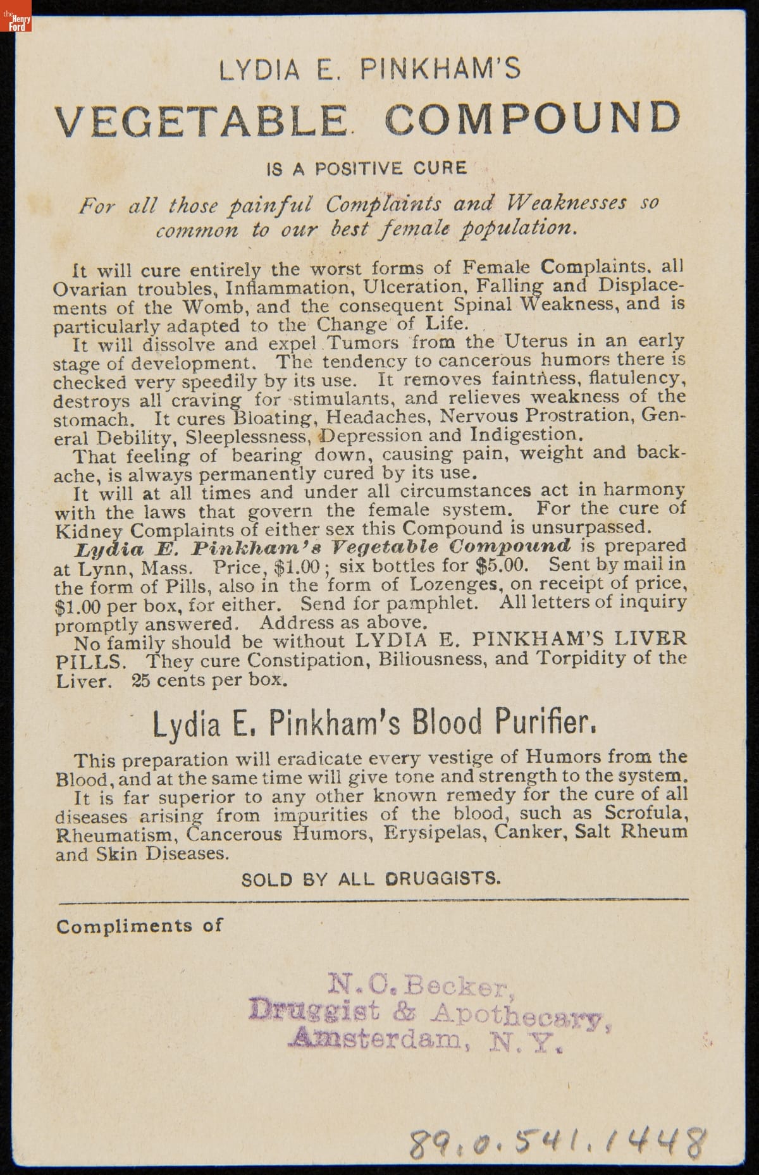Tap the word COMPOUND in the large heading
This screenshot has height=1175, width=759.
click(533, 118)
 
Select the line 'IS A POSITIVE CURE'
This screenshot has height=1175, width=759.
click(367, 168)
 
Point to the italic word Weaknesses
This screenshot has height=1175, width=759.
click(567, 203)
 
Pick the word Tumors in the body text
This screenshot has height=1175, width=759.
click(362, 343)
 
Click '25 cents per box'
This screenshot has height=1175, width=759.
click(209, 680)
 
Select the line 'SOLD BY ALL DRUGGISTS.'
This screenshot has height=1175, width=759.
click(371, 878)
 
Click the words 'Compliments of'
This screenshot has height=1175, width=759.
click(139, 926)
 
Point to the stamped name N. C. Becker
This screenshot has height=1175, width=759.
click(418, 985)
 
